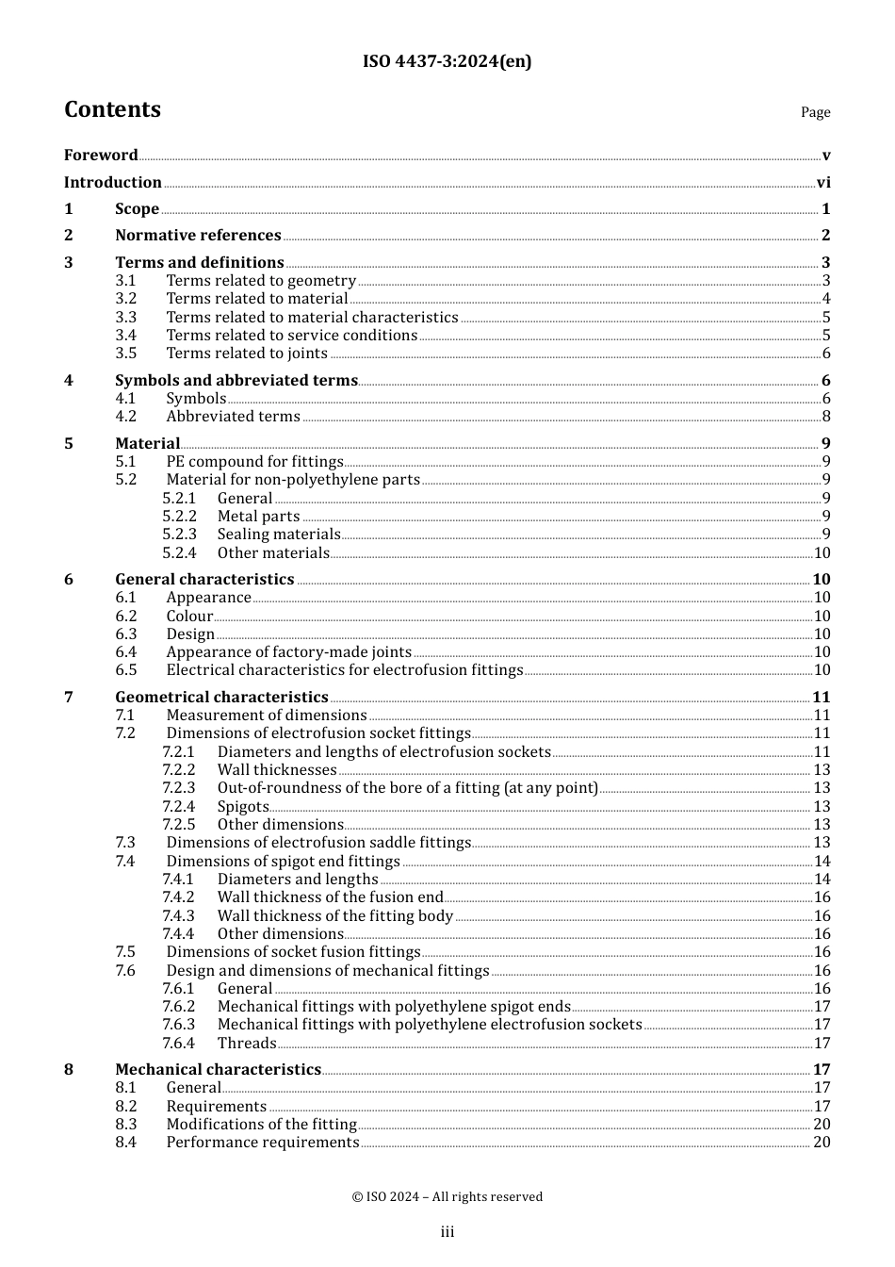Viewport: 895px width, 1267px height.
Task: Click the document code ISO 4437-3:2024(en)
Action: tap(447, 62)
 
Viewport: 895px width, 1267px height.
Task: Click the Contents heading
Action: tap(112, 110)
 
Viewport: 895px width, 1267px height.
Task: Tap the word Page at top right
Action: tap(815, 112)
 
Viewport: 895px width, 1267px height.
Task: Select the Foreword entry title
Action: tap(101, 156)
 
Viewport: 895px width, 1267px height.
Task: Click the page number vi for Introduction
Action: tap(823, 183)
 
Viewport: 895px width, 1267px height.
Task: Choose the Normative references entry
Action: tap(198, 236)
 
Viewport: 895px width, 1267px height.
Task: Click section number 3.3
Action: tap(126, 318)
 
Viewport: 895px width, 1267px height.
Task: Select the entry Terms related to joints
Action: tap(247, 354)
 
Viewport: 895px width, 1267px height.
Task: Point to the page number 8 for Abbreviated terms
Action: tap(826, 417)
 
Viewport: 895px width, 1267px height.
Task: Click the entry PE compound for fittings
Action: tap(254, 462)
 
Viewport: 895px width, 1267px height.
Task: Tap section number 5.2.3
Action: tap(179, 535)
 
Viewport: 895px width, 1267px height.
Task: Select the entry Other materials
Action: tap(273, 553)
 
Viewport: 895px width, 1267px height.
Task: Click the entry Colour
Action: tap(189, 617)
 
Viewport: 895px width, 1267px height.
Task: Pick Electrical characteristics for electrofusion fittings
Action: tap(344, 670)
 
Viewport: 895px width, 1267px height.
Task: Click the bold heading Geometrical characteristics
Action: tap(221, 698)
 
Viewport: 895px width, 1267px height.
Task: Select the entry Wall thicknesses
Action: tap(277, 770)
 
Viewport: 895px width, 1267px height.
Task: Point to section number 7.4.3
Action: tap(178, 916)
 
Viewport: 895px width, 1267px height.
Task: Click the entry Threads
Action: tap(247, 1044)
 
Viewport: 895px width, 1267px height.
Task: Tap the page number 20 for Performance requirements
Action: tap(822, 1143)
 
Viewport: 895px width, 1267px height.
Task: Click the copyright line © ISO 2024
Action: tap(447, 1197)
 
